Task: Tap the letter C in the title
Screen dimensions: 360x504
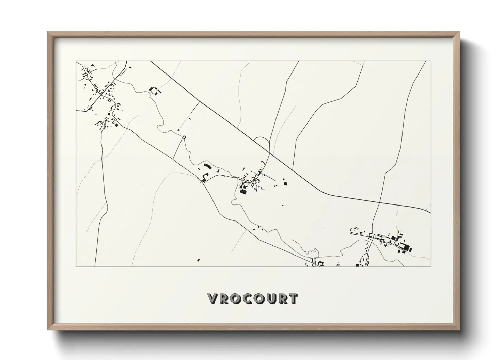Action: [x=247, y=299]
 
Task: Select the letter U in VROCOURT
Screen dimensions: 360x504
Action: [x=269, y=299]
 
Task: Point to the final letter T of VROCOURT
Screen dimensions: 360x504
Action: [x=292, y=299]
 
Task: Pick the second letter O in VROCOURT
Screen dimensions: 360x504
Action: [x=258, y=299]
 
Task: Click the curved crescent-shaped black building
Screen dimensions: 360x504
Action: [x=207, y=166]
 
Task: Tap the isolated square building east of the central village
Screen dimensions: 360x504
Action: [x=285, y=184]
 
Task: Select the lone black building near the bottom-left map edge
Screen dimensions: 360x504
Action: [x=198, y=260]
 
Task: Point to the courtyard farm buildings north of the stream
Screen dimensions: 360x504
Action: [x=155, y=91]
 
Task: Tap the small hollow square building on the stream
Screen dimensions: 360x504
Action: [x=185, y=137]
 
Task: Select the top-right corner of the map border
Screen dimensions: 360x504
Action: [x=431, y=61]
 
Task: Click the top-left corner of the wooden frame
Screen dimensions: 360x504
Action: [x=48, y=32]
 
